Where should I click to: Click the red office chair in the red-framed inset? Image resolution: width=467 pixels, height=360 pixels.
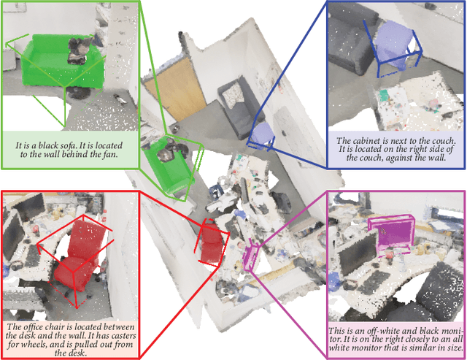[78, 255]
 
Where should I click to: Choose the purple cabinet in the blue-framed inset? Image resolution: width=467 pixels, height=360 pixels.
[393, 45]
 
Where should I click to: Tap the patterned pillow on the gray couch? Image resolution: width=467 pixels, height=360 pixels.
[233, 94]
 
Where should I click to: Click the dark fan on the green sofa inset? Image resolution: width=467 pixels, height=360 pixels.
[78, 50]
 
